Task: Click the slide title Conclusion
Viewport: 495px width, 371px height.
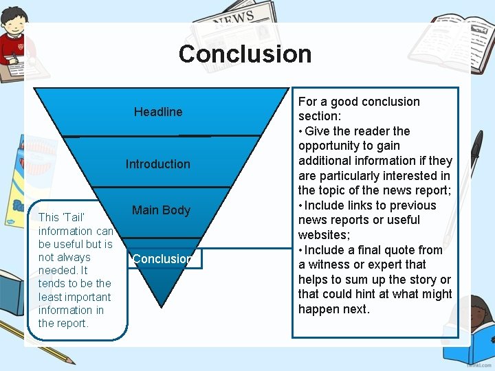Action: [245, 54]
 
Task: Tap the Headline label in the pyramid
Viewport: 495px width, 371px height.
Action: [158, 112]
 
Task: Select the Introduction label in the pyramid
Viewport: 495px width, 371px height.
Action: [157, 164]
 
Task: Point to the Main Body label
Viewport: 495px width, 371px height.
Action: [161, 210]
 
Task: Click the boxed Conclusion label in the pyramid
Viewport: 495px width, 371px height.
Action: [164, 259]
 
